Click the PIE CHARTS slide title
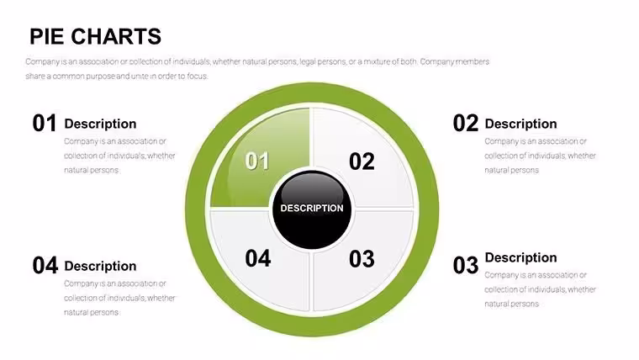[95, 36]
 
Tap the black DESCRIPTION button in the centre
[312, 209]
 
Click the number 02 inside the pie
[362, 161]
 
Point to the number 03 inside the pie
[362, 259]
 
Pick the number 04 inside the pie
[258, 258]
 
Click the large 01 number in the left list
[45, 123]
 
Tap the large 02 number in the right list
[466, 123]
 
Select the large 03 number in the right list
[466, 265]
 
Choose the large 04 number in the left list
[45, 266]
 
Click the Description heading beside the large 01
[100, 124]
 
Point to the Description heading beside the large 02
[520, 124]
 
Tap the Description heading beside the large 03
[520, 257]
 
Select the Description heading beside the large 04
[100, 267]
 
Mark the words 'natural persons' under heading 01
[92, 170]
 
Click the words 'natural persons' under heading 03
[512, 304]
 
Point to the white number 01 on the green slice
[257, 161]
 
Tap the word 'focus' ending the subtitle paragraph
[198, 77]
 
